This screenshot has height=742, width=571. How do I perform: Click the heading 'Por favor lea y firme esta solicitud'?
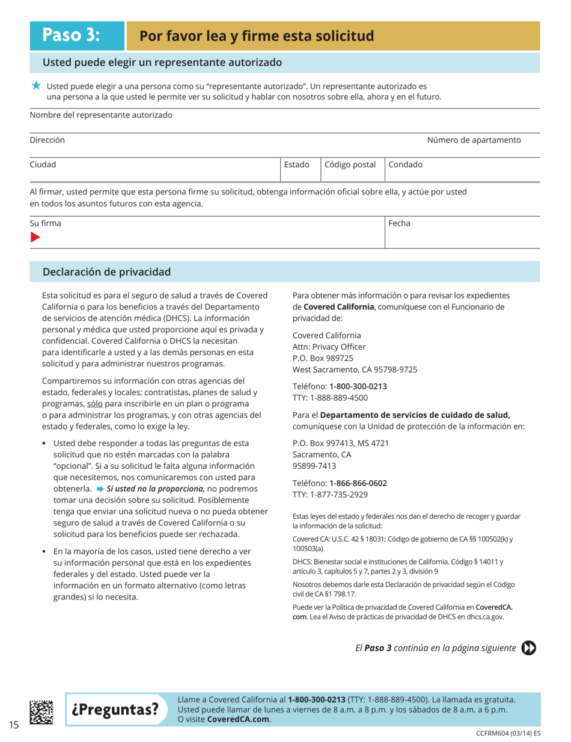[257, 36]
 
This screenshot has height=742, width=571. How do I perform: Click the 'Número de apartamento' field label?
[474, 140]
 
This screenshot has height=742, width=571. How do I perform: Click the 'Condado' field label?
[406, 164]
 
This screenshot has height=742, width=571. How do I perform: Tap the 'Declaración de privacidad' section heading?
[106, 272]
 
